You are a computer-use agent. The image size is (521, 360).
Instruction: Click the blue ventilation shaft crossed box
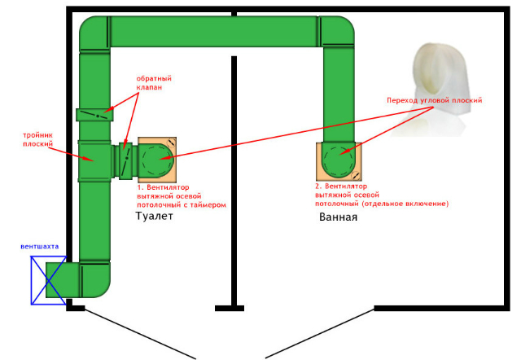(x=48, y=279)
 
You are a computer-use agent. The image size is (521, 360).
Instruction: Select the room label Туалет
(x=155, y=217)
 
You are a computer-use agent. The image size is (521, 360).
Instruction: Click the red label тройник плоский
(x=38, y=140)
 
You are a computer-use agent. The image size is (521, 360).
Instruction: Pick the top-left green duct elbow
(x=94, y=35)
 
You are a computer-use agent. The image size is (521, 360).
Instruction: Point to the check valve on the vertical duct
(x=95, y=115)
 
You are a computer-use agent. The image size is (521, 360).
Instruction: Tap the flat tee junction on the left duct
(x=96, y=160)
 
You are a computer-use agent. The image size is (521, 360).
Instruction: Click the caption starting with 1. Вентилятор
(x=181, y=195)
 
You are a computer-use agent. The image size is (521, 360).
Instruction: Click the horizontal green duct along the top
(x=216, y=31)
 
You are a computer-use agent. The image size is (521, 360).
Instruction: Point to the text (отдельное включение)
(x=410, y=203)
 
